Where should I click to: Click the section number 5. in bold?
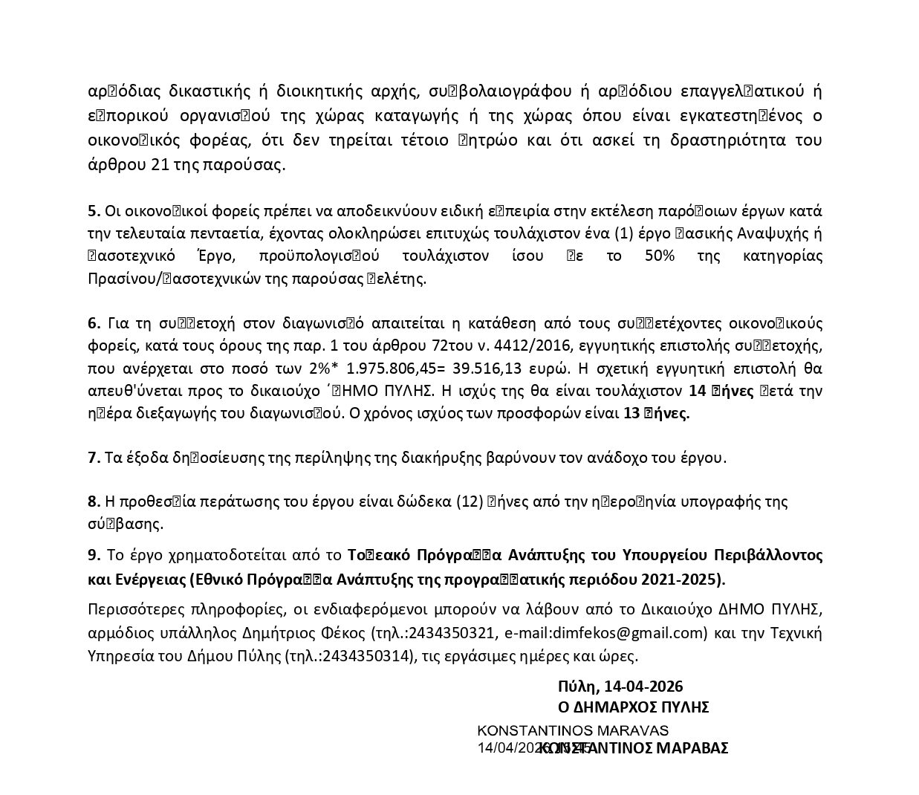point(92,210)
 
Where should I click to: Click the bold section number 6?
point(94,323)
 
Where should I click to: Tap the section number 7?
point(94,458)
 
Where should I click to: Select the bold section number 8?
point(94,502)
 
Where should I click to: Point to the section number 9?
point(94,554)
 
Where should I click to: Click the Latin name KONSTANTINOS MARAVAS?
point(572,730)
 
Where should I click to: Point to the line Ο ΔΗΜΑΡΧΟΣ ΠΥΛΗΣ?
point(633,707)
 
